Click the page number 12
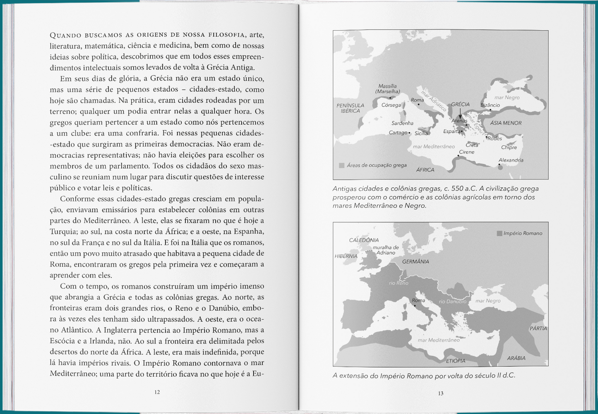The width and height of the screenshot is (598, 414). coord(157,392)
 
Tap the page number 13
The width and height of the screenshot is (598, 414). coord(440,393)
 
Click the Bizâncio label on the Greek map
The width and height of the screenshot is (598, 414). coord(490,105)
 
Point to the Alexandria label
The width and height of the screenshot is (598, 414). coord(511,160)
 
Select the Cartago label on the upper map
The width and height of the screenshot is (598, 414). coord(398,133)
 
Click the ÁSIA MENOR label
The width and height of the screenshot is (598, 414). coord(506,123)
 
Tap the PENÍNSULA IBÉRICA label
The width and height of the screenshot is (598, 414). coord(350,108)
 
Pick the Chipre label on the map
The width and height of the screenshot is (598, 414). coord(509,148)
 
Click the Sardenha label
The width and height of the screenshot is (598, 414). coord(402,123)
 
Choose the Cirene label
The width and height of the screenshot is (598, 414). coord(466,152)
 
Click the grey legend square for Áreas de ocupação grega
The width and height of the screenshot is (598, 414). coord(341,165)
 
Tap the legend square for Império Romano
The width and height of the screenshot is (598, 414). coord(500,233)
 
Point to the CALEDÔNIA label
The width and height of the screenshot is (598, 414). coord(364,240)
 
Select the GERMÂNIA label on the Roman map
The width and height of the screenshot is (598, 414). coord(415,262)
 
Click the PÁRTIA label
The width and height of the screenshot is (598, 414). coord(538,328)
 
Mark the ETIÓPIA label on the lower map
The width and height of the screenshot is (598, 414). coord(455,361)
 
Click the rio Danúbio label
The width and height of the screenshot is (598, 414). coord(452,302)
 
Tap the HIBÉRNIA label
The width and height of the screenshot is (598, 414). coord(346,256)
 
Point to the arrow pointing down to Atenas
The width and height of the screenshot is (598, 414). coord(460,114)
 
